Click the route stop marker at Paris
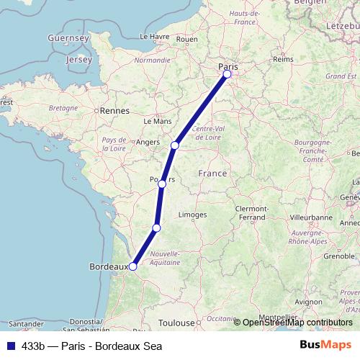coord(228,74)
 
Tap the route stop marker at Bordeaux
coord(133,266)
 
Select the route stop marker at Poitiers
coord(162,184)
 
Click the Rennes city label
coord(114,111)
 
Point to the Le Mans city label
coord(158,122)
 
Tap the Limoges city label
coord(192,215)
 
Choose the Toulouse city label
coord(177,323)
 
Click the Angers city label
coord(147,143)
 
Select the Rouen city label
coord(186,39)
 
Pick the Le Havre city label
coord(153,36)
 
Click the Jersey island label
coord(78,60)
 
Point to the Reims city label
coord(284,60)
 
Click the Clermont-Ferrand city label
coord(251,212)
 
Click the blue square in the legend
coord(9,346)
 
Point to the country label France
coord(212,174)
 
